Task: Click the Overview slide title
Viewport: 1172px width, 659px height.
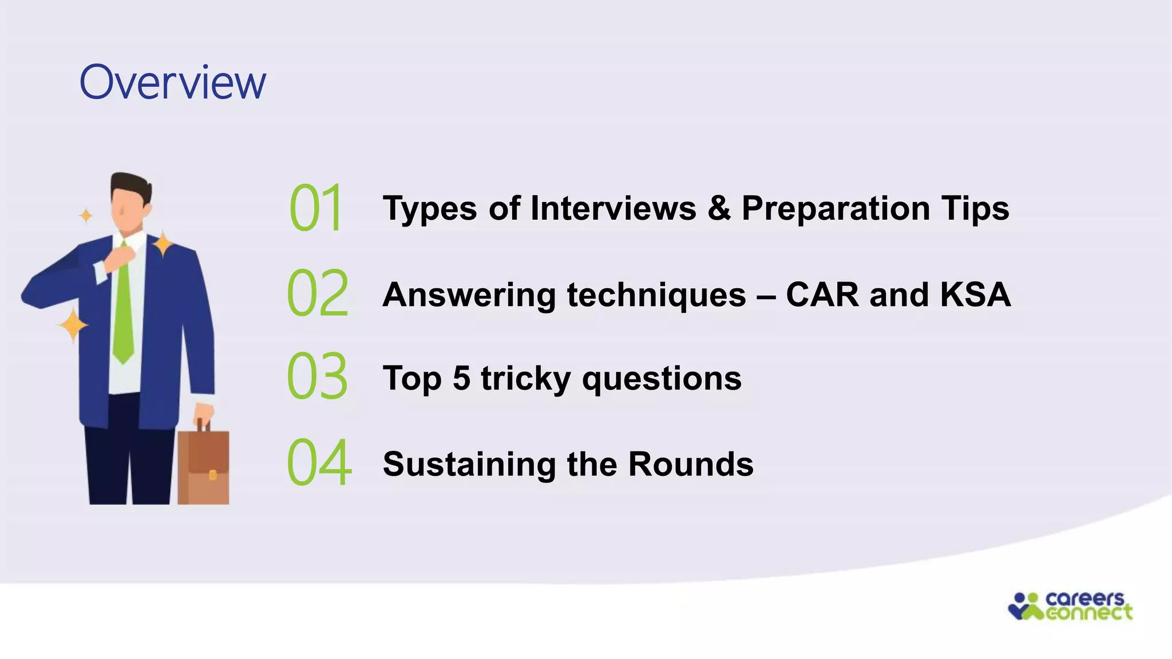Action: coord(173,83)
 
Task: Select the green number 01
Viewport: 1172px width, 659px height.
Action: coord(316,208)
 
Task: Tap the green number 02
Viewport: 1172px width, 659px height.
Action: coord(318,293)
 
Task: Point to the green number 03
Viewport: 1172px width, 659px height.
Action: coord(317,377)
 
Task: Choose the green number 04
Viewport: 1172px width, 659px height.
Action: coord(319,463)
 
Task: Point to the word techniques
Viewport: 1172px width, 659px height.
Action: coord(656,296)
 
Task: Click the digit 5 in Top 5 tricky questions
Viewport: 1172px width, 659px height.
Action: coord(461,378)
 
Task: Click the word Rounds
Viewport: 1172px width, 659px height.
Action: coord(691,464)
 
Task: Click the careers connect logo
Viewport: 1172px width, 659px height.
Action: coord(1070,606)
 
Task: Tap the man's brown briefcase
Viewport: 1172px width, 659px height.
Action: coord(203,466)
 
